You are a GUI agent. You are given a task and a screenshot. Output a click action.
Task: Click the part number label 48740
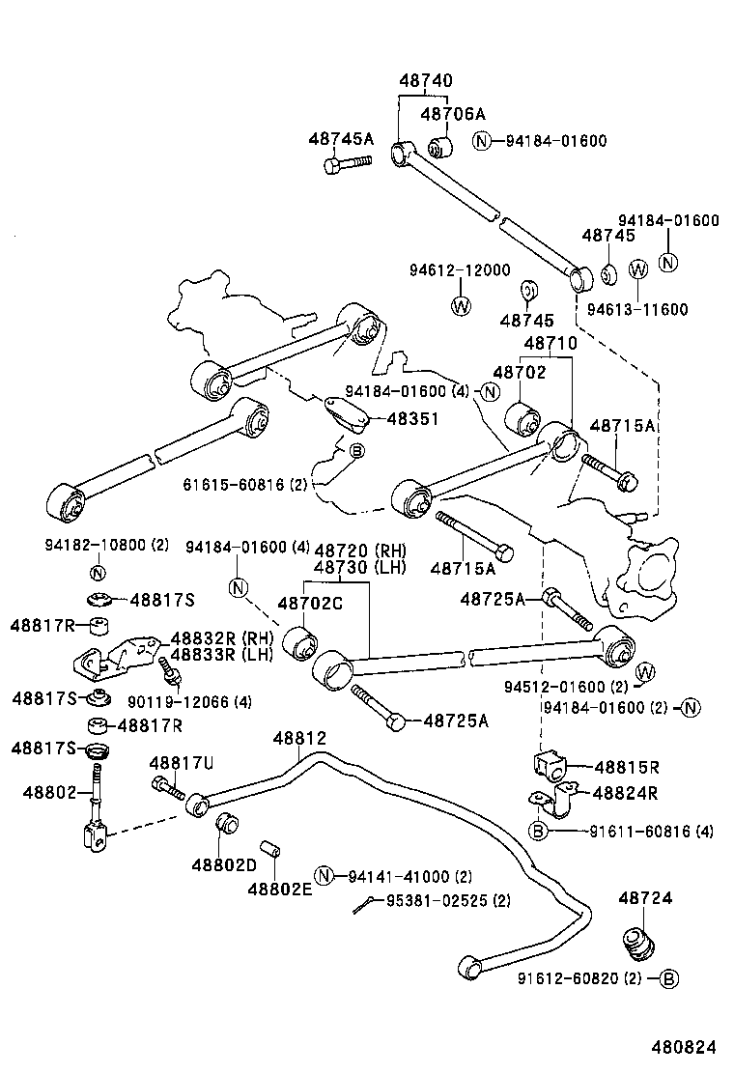pos(425,81)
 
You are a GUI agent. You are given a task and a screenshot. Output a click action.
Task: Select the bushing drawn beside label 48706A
pos(441,147)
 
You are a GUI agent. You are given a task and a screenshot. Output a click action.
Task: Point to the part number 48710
pos(550,344)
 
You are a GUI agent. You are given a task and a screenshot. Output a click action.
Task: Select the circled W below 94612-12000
pos(460,307)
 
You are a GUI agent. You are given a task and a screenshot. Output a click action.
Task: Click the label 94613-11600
pos(637,309)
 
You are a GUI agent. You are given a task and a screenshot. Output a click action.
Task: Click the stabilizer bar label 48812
pos(299,738)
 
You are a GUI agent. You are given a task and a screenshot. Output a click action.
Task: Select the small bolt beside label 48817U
pos(167,787)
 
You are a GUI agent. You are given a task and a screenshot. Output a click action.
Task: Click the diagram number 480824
pos(683,1047)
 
